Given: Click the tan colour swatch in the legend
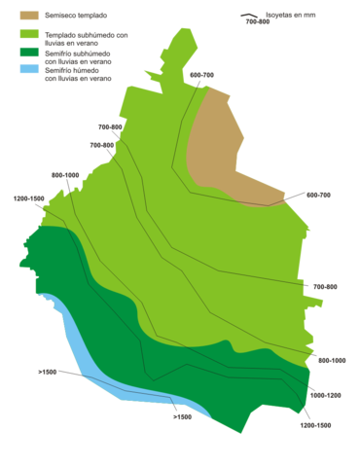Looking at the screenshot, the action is [x=29, y=17].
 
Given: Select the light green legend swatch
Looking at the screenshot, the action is [x=29, y=34].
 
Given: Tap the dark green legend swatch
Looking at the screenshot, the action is [x=29, y=53].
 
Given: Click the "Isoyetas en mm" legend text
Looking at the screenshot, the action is [x=291, y=15].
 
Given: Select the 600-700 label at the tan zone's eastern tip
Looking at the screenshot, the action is [x=319, y=196].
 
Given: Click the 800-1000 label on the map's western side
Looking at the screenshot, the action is [x=65, y=176].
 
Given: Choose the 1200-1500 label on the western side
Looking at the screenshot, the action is [x=30, y=198].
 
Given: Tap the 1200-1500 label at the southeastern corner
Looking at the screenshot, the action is [x=317, y=425].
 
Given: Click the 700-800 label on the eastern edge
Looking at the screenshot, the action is [x=325, y=287].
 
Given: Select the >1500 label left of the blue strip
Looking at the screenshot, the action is [x=47, y=372].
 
